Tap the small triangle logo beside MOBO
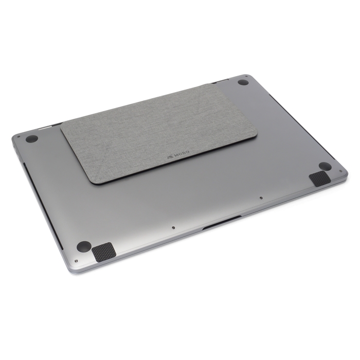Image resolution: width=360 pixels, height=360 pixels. pyautogui.click(x=170, y=157)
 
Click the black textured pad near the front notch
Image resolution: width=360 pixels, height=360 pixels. pyautogui.click(x=104, y=252)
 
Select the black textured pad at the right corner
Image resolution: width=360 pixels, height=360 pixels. pyautogui.click(x=320, y=178)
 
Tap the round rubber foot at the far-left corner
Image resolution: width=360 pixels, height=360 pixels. pyautogui.click(x=32, y=139)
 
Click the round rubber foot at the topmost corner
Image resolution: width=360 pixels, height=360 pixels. pyautogui.click(x=243, y=82)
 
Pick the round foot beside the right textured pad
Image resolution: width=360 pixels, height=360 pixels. pyautogui.click(x=325, y=166)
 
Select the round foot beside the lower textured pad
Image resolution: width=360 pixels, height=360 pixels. pyautogui.click(x=84, y=246)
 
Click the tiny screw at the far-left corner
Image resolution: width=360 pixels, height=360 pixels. pyautogui.click(x=19, y=137)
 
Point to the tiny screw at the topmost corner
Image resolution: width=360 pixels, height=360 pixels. pyautogui.click(x=246, y=76)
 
